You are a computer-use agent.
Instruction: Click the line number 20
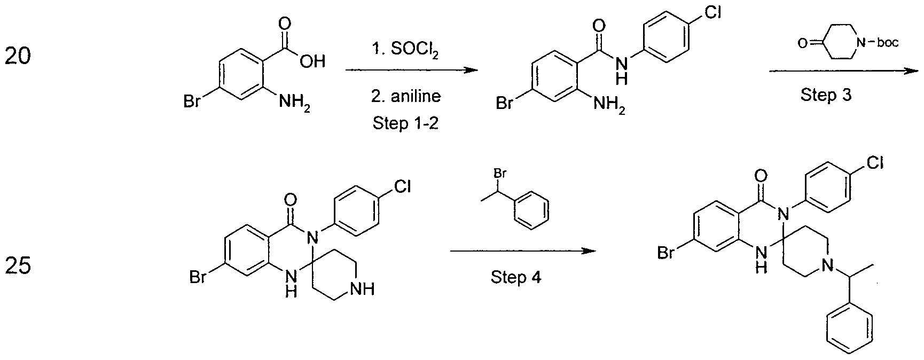pos(18,56)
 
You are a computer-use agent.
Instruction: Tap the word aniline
pos(405,96)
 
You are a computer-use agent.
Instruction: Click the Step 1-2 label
pos(405,123)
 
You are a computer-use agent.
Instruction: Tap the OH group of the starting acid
pos(312,62)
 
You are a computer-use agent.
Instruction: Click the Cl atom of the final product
pos(873,162)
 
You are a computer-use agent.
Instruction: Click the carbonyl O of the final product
pos(762,176)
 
